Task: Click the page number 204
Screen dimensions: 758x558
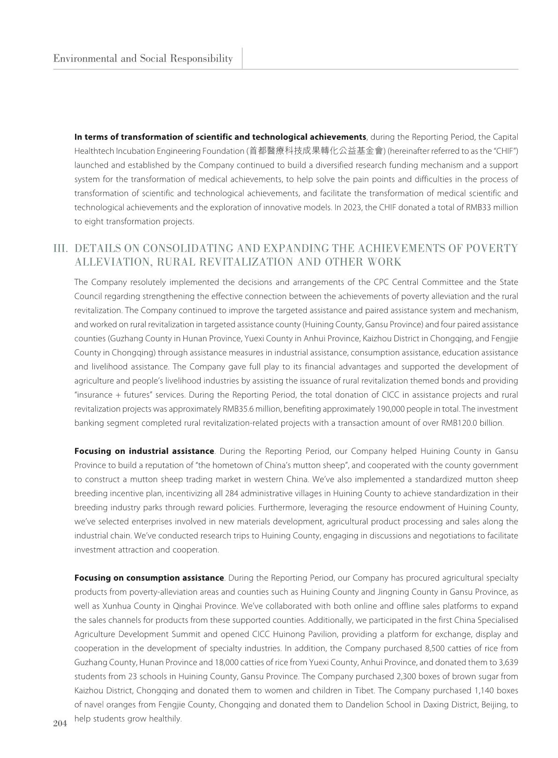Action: pos(60,723)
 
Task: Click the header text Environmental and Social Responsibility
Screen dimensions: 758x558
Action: pos(143,59)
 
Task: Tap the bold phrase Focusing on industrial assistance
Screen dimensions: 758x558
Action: pos(144,451)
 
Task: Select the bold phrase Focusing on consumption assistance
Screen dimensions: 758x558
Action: pos(149,578)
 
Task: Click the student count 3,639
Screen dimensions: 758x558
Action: pos(506,663)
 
